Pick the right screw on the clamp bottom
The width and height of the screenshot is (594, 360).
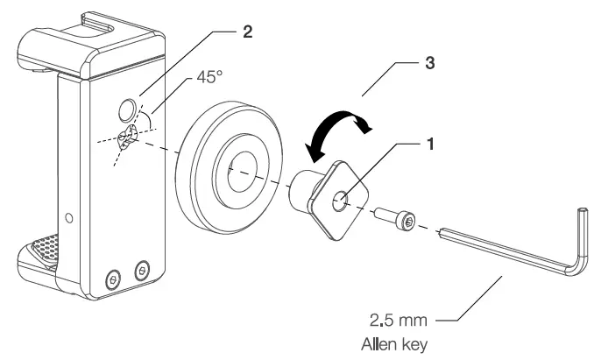click(140, 272)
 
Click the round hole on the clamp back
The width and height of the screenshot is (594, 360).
click(128, 110)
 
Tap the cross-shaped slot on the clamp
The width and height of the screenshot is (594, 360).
click(128, 138)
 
